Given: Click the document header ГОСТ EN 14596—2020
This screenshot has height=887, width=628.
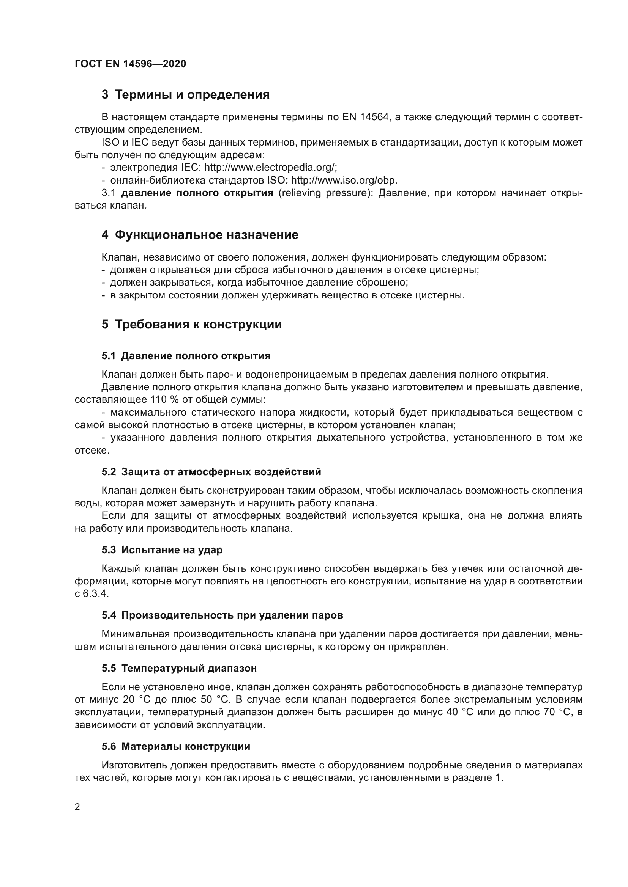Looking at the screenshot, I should [x=130, y=64].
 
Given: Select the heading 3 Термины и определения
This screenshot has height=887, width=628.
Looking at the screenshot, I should [x=186, y=95].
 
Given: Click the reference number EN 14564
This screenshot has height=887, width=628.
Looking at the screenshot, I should [x=365, y=117].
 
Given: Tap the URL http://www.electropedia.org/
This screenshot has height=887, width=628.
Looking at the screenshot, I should [x=270, y=168].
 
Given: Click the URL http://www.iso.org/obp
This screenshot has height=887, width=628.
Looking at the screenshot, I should [x=344, y=181].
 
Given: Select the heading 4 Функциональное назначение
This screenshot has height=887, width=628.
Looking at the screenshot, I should [x=200, y=235].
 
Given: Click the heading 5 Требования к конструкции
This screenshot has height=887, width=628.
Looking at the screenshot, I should [x=192, y=325].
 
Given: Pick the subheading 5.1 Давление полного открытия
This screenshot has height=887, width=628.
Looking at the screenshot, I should [x=186, y=356].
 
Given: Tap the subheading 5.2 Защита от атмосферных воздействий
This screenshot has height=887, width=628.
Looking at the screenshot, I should [x=211, y=472].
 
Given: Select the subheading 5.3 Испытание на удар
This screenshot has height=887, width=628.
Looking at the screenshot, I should [x=162, y=550].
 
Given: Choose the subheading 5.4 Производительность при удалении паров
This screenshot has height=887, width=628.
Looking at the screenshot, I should [x=222, y=615].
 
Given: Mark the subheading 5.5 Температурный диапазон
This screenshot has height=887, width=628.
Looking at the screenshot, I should [x=179, y=668].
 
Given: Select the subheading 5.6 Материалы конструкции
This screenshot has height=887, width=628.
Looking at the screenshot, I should [x=176, y=746].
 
